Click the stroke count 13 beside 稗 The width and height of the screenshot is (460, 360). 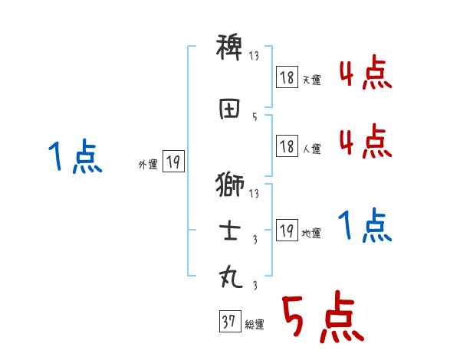[255, 57]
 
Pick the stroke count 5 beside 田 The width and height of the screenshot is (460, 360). [255, 117]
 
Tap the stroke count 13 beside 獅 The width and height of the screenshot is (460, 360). [255, 194]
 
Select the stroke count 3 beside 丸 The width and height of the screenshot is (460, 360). [255, 286]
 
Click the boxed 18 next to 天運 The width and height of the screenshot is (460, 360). [287, 77]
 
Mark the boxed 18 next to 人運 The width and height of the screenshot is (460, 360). [287, 146]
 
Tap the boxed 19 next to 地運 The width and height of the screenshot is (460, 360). [287, 231]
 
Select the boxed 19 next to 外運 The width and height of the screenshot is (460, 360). [173, 162]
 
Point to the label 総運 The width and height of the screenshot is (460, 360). [255, 325]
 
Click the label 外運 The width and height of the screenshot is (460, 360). [148, 164]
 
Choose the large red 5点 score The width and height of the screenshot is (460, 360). [321, 317]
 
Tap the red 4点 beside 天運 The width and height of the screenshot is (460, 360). [366, 75]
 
